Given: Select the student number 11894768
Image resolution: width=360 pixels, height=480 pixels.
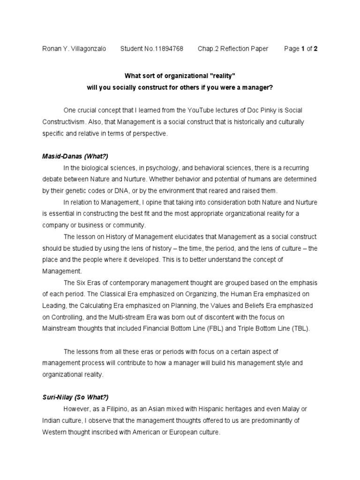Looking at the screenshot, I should [168, 49].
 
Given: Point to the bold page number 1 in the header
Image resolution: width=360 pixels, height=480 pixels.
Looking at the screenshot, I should [303, 49].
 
